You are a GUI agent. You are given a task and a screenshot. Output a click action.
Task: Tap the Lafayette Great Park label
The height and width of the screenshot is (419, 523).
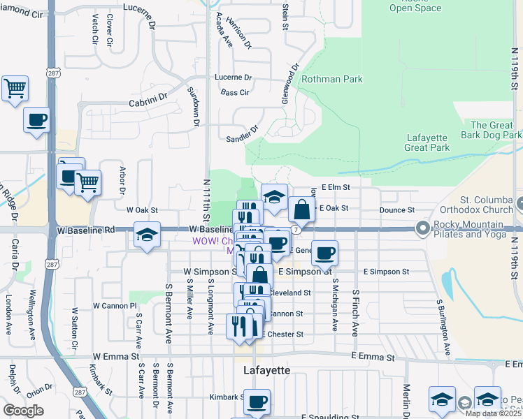coord(437,142)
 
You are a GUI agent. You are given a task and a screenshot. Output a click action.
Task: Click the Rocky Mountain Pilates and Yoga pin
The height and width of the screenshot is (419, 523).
coord(422,228)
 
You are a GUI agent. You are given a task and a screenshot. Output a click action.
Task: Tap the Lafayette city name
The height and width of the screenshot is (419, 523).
coord(266,370)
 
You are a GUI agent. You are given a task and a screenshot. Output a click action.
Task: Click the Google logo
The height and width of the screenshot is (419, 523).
coord(23,411)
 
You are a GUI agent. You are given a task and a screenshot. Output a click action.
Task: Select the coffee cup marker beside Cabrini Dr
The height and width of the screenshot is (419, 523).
coord(36,119)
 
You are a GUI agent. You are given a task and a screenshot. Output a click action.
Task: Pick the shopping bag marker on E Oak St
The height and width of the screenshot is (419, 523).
coord(301,209)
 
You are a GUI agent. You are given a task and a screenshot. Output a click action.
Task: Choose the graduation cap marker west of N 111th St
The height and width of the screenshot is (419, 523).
coord(147,235)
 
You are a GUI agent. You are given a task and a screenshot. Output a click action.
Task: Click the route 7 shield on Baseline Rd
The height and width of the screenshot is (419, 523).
coord(297,229)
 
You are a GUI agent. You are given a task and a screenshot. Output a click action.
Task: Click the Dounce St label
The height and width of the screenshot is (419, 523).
coord(397,209)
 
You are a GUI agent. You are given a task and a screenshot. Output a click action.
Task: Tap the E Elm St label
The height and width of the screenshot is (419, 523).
coord(335,187)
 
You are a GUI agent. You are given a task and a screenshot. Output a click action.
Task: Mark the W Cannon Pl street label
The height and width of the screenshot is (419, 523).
coord(115,306)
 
